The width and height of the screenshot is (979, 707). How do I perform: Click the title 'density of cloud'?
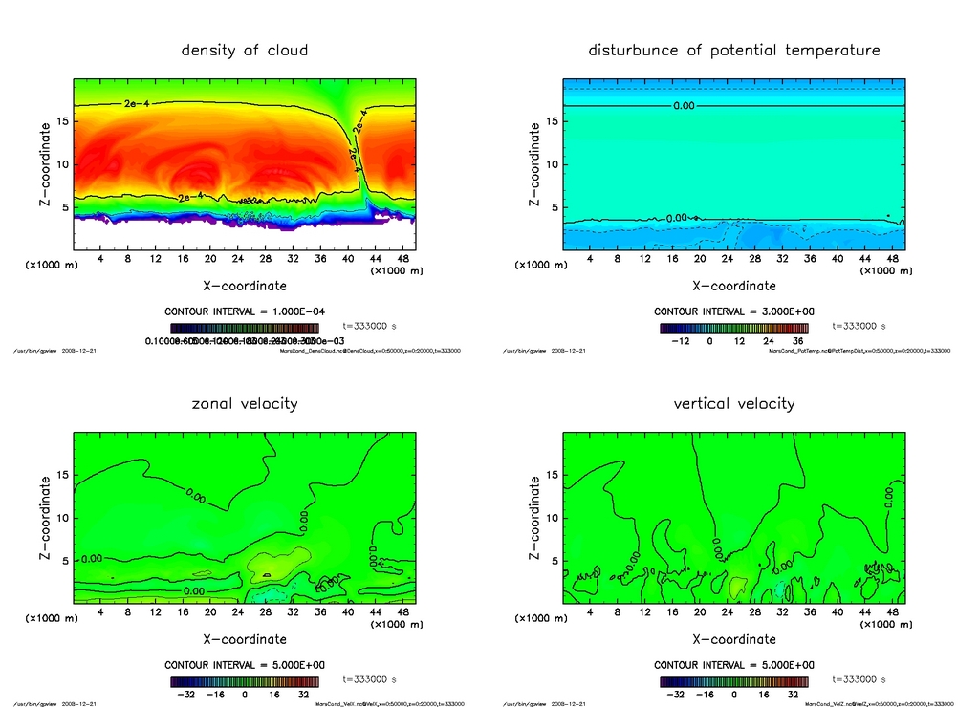[x=245, y=50]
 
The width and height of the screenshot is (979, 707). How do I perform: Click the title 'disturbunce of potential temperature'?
[x=733, y=50]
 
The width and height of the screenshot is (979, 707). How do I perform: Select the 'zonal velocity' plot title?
[x=245, y=403]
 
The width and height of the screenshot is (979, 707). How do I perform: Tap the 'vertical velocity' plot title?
[x=733, y=403]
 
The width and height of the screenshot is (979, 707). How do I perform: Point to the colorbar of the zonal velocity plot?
[x=245, y=681]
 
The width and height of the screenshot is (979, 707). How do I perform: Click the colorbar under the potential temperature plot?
[x=733, y=328]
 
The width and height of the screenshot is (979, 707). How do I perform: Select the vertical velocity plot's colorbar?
[x=733, y=681]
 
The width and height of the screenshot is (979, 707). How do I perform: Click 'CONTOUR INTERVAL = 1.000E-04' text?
[x=245, y=311]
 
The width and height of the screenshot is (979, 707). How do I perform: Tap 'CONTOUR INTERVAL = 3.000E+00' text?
[x=733, y=311]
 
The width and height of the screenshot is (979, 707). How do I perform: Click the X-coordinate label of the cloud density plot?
[x=245, y=286]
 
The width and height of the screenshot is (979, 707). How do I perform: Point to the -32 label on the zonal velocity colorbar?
[x=187, y=695]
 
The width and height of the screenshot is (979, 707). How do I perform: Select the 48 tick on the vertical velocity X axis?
[x=890, y=612]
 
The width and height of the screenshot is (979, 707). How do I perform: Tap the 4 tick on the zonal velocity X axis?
[x=101, y=612]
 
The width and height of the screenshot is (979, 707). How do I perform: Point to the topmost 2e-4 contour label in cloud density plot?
[x=136, y=102]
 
